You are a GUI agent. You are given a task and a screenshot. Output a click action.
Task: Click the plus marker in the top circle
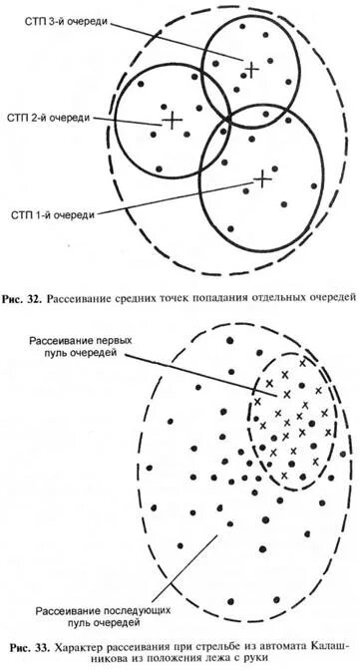(x=251, y=68)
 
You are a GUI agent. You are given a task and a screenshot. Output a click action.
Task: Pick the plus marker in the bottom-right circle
(x=261, y=178)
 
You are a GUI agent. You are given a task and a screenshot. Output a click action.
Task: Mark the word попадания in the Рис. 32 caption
(x=221, y=296)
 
